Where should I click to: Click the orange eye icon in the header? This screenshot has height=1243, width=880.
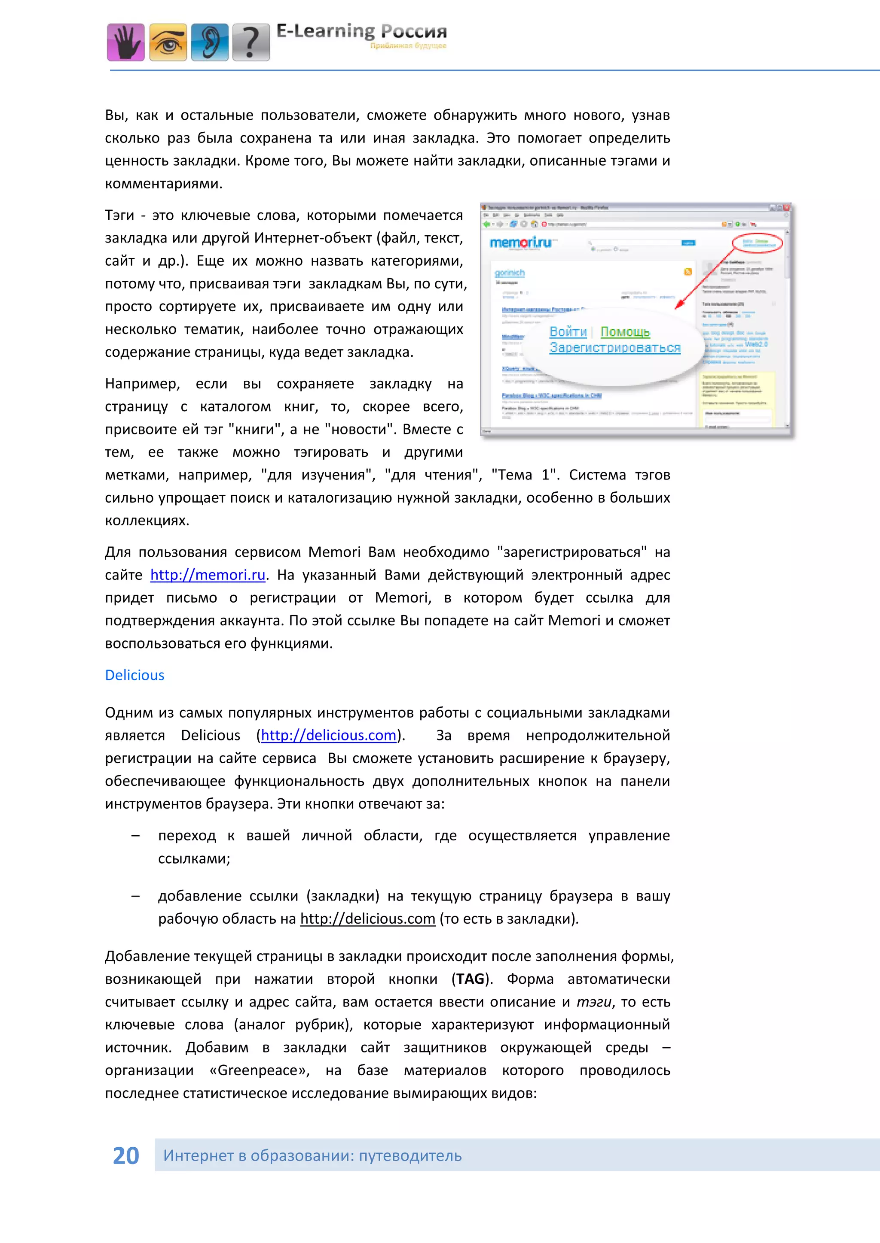click(x=168, y=42)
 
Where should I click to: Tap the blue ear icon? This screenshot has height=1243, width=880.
click(x=210, y=42)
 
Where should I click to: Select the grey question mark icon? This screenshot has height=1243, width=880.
click(x=251, y=42)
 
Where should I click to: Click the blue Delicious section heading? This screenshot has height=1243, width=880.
click(x=134, y=675)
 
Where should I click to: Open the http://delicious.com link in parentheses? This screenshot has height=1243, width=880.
click(x=328, y=735)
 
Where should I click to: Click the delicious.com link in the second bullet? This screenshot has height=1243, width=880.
click(x=367, y=919)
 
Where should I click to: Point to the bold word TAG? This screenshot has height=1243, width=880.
click(x=470, y=979)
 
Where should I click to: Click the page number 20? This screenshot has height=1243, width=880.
click(x=126, y=1155)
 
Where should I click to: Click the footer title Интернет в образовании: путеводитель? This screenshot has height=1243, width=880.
click(x=312, y=1155)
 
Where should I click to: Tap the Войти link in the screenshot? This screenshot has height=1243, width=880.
click(x=568, y=332)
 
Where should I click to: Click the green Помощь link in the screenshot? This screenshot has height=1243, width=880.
click(x=625, y=332)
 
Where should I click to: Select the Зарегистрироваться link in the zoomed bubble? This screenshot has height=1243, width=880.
click(x=614, y=348)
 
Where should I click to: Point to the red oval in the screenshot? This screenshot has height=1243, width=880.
click(x=758, y=244)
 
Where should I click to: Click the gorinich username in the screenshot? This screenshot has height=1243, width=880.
click(x=509, y=273)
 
